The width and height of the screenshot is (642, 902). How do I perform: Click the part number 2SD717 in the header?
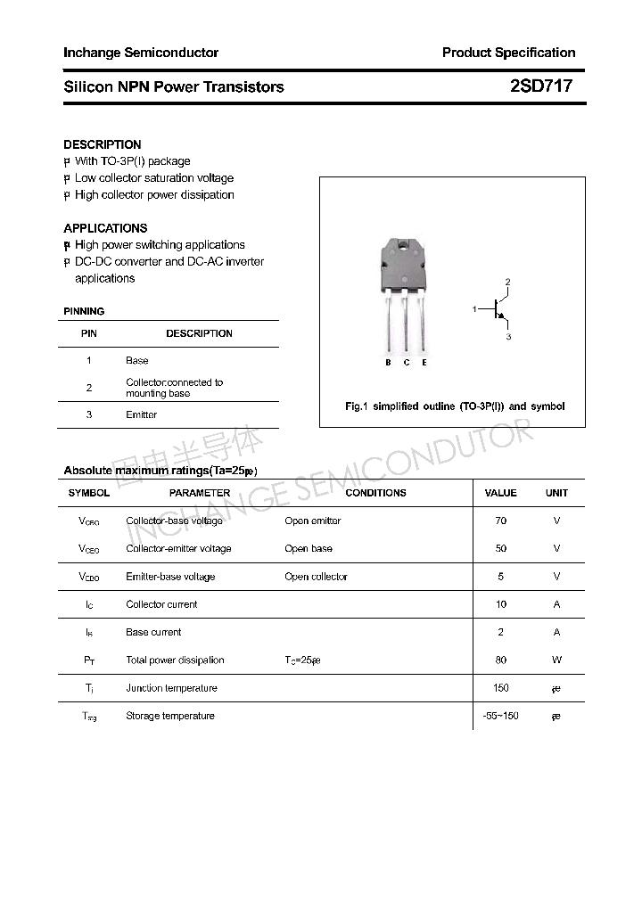(x=540, y=86)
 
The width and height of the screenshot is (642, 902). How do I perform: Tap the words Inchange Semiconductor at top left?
(x=141, y=53)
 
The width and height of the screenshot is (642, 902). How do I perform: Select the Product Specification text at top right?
(x=508, y=53)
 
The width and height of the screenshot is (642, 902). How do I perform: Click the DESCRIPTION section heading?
(x=103, y=144)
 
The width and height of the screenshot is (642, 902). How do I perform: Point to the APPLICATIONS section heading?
(x=105, y=228)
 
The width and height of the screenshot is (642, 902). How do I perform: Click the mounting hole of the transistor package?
(x=405, y=245)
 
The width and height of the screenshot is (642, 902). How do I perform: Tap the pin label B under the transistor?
(x=388, y=363)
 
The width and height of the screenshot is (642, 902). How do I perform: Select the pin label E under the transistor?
(x=424, y=363)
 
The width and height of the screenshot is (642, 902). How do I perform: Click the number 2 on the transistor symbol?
(x=507, y=283)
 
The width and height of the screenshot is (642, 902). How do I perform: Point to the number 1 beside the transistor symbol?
(x=475, y=309)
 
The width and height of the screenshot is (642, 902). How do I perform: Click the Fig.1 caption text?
(x=454, y=406)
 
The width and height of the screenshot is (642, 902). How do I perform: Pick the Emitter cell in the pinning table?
(x=141, y=415)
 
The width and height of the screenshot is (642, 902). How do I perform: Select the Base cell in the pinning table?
(x=137, y=361)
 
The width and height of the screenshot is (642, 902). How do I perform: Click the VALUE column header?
(x=500, y=493)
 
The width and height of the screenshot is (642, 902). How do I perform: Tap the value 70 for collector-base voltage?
(x=500, y=521)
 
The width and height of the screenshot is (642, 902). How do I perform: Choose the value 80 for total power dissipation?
(x=500, y=660)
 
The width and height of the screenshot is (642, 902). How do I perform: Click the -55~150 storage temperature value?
(x=500, y=716)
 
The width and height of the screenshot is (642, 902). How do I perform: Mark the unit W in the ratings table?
(x=556, y=660)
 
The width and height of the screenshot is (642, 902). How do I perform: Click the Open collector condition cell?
(x=316, y=577)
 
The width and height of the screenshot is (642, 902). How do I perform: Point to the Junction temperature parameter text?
(x=171, y=688)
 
